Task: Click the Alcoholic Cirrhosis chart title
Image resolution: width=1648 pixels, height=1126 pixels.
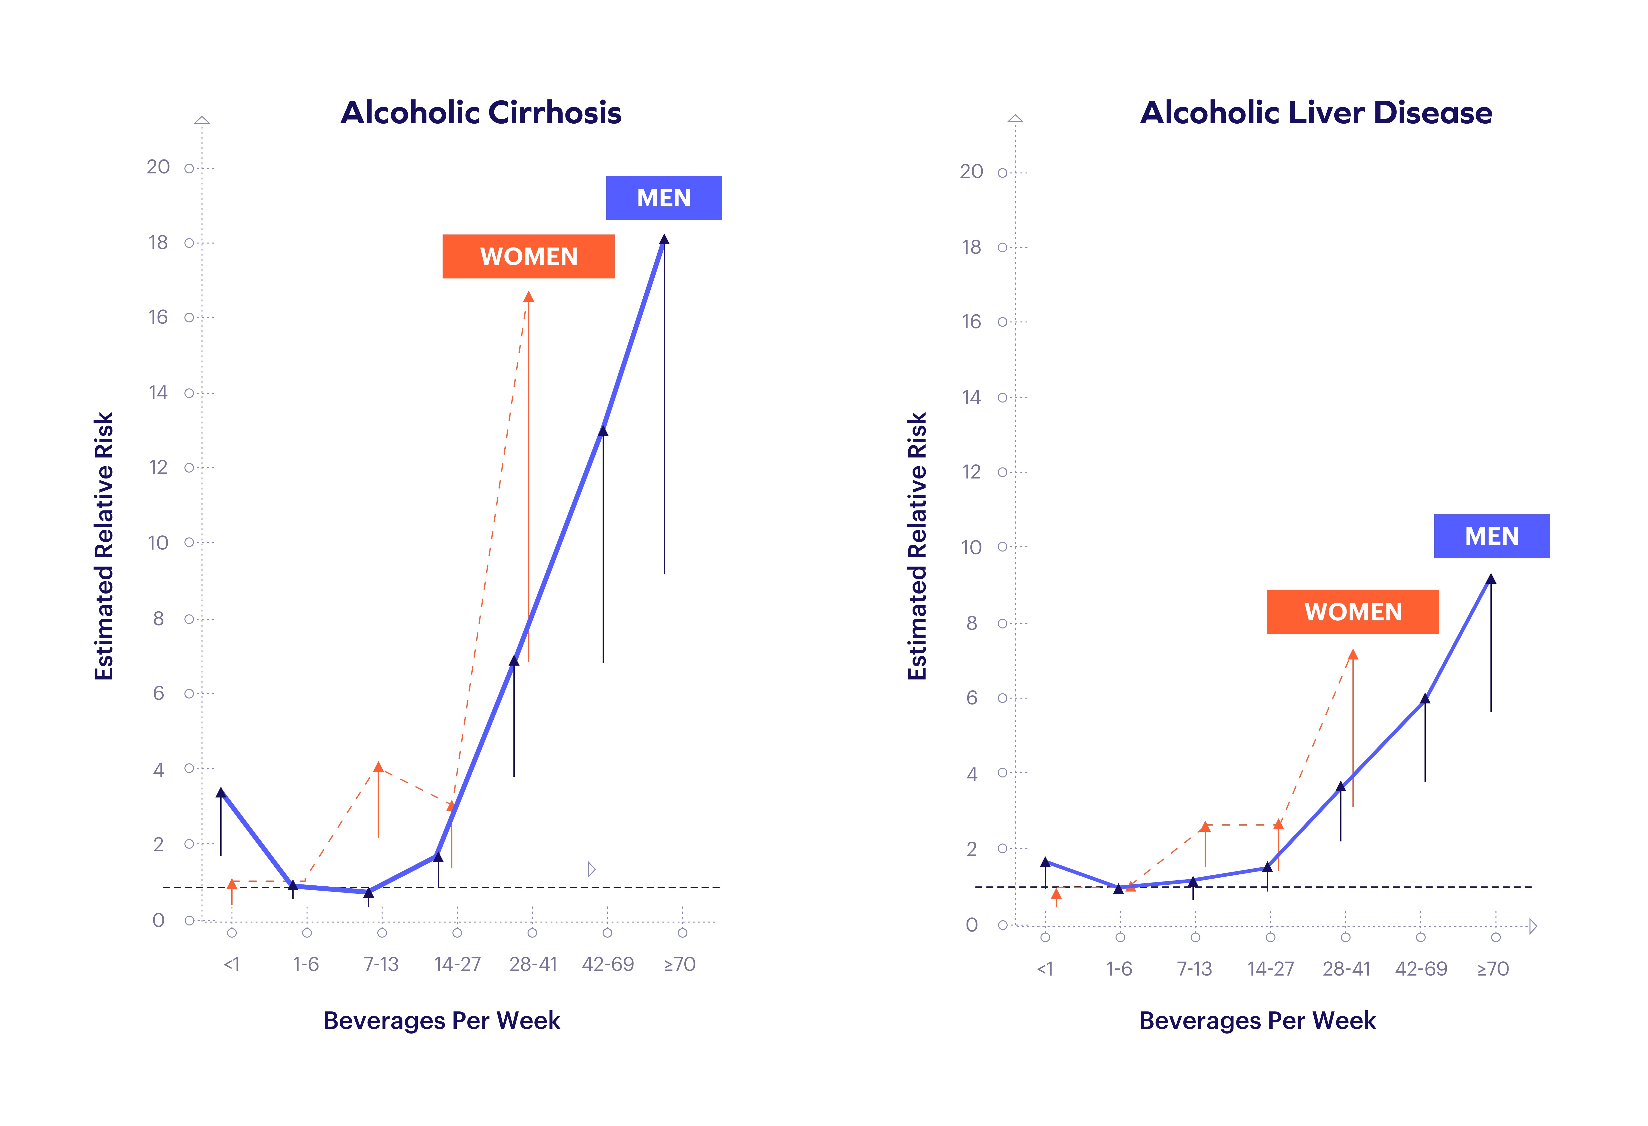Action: click(481, 113)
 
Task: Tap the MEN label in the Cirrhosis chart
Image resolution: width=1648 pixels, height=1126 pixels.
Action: click(664, 198)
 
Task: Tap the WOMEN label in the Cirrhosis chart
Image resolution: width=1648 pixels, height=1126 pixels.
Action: click(528, 257)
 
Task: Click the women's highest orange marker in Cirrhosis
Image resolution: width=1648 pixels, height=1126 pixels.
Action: click(528, 296)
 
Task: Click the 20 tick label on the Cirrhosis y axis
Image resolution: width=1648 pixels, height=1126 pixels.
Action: click(158, 167)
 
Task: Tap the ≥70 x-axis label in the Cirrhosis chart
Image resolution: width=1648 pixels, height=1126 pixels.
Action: click(679, 964)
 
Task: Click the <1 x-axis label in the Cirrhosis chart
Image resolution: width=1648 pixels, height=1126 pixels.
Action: click(232, 964)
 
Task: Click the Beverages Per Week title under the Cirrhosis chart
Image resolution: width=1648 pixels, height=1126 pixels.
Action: click(442, 1020)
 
